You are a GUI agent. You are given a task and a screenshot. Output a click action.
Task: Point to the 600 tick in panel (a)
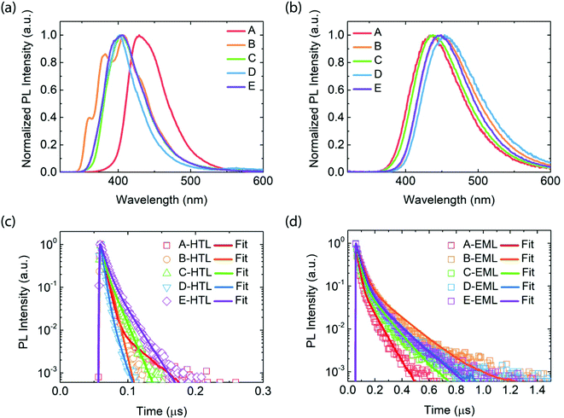tap(263, 184)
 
